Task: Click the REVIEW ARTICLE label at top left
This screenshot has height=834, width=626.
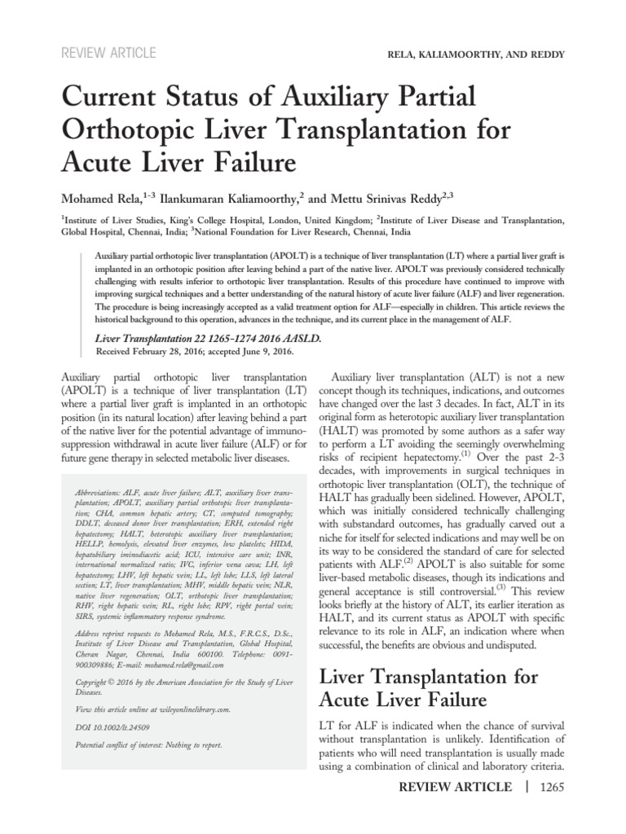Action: click(108, 54)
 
